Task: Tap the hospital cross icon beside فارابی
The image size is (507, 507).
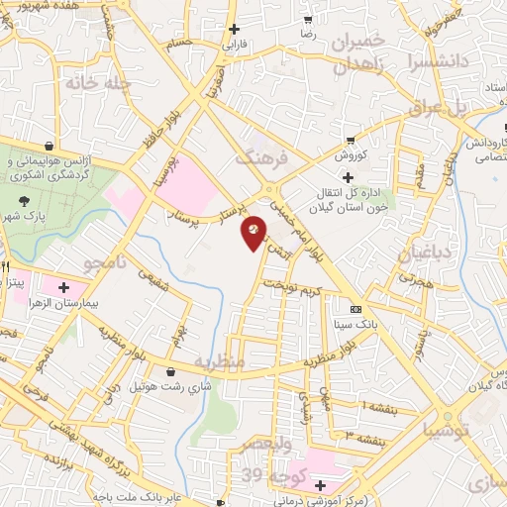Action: point(234,29)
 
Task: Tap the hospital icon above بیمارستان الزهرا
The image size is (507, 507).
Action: point(63,287)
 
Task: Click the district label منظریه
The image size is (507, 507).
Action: point(219,362)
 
